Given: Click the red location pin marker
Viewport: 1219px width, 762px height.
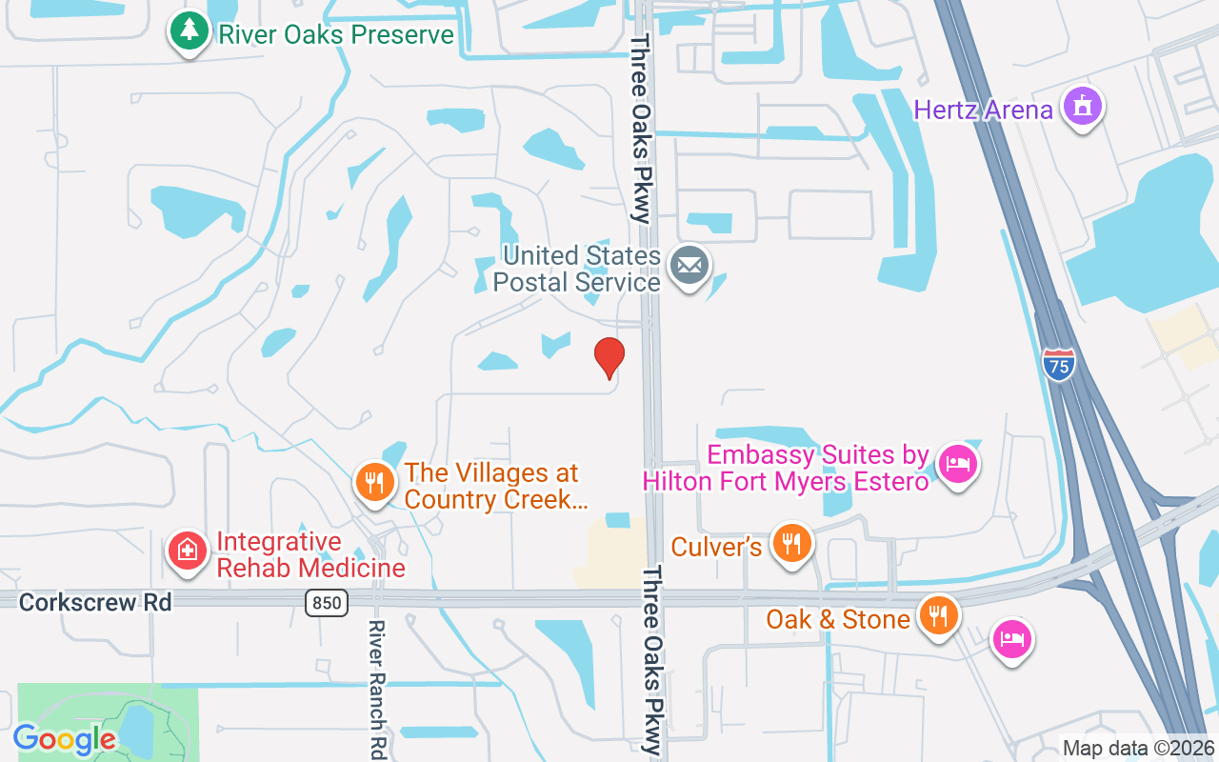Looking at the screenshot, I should pos(609,357).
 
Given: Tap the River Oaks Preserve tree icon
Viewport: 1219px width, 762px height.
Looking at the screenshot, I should pos(190,31).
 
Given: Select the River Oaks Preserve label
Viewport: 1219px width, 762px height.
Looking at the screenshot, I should pos(336,35).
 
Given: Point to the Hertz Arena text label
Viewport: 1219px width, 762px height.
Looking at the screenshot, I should pos(984,110).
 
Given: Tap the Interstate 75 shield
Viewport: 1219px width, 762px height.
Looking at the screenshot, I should pos(1058,364).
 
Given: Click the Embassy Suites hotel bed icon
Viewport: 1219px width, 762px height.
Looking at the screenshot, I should pos(957,465).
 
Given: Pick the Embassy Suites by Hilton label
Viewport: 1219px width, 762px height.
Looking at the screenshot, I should pos(786,468).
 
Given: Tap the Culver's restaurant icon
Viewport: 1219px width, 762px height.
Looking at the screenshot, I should pos(790,543).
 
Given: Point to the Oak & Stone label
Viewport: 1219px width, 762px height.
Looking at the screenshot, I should pos(838,619).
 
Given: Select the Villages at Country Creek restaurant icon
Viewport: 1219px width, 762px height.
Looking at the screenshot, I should pos(375,482).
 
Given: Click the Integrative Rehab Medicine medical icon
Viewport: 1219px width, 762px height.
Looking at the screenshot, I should pos(188,551).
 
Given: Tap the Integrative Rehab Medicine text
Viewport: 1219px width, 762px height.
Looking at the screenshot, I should pos(310,554).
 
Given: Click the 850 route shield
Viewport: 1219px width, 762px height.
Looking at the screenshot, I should pos(326,602).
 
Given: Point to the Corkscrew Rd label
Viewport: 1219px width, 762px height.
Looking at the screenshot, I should pos(95,602).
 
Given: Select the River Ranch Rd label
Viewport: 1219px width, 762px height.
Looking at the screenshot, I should pos(377,688).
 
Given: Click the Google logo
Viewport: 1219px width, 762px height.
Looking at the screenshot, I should pos(65,738).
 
